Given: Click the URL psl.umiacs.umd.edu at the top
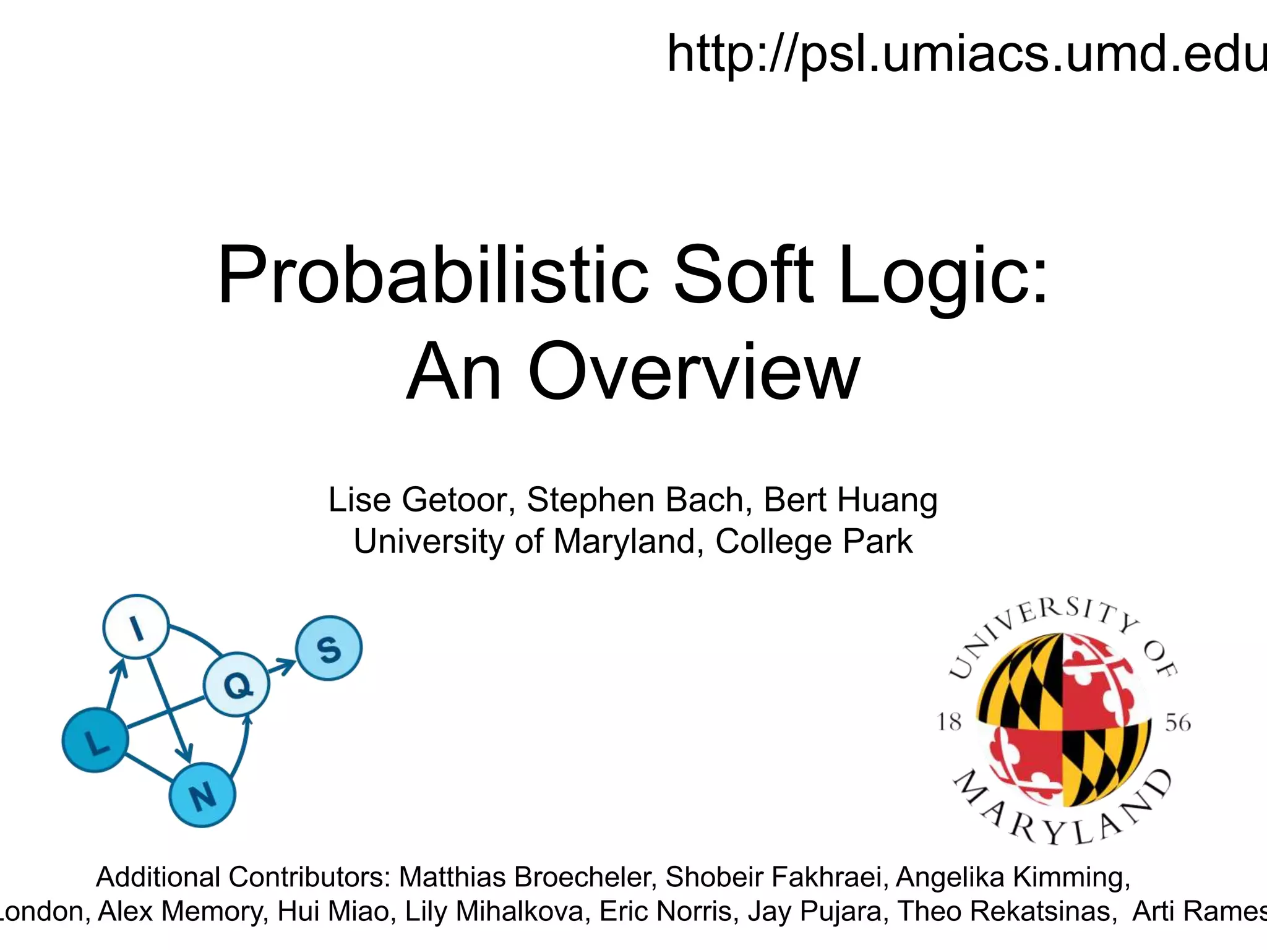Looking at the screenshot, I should [965, 54].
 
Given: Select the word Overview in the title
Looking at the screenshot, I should [693, 372].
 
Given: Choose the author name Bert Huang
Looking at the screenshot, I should [851, 500].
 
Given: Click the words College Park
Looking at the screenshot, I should [814, 542].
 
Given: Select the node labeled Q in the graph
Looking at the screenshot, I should [237, 684].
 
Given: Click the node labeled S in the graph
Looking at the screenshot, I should [329, 648].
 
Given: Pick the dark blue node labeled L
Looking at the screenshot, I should [95, 740].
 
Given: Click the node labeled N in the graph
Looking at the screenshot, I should [202, 795].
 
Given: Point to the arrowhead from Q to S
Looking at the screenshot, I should [288, 665].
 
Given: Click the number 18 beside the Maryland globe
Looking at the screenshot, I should [949, 722].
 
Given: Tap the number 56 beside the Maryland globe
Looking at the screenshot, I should [1178, 722].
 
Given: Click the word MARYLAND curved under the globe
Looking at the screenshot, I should [1062, 816].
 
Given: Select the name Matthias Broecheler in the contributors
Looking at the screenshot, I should [526, 877].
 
